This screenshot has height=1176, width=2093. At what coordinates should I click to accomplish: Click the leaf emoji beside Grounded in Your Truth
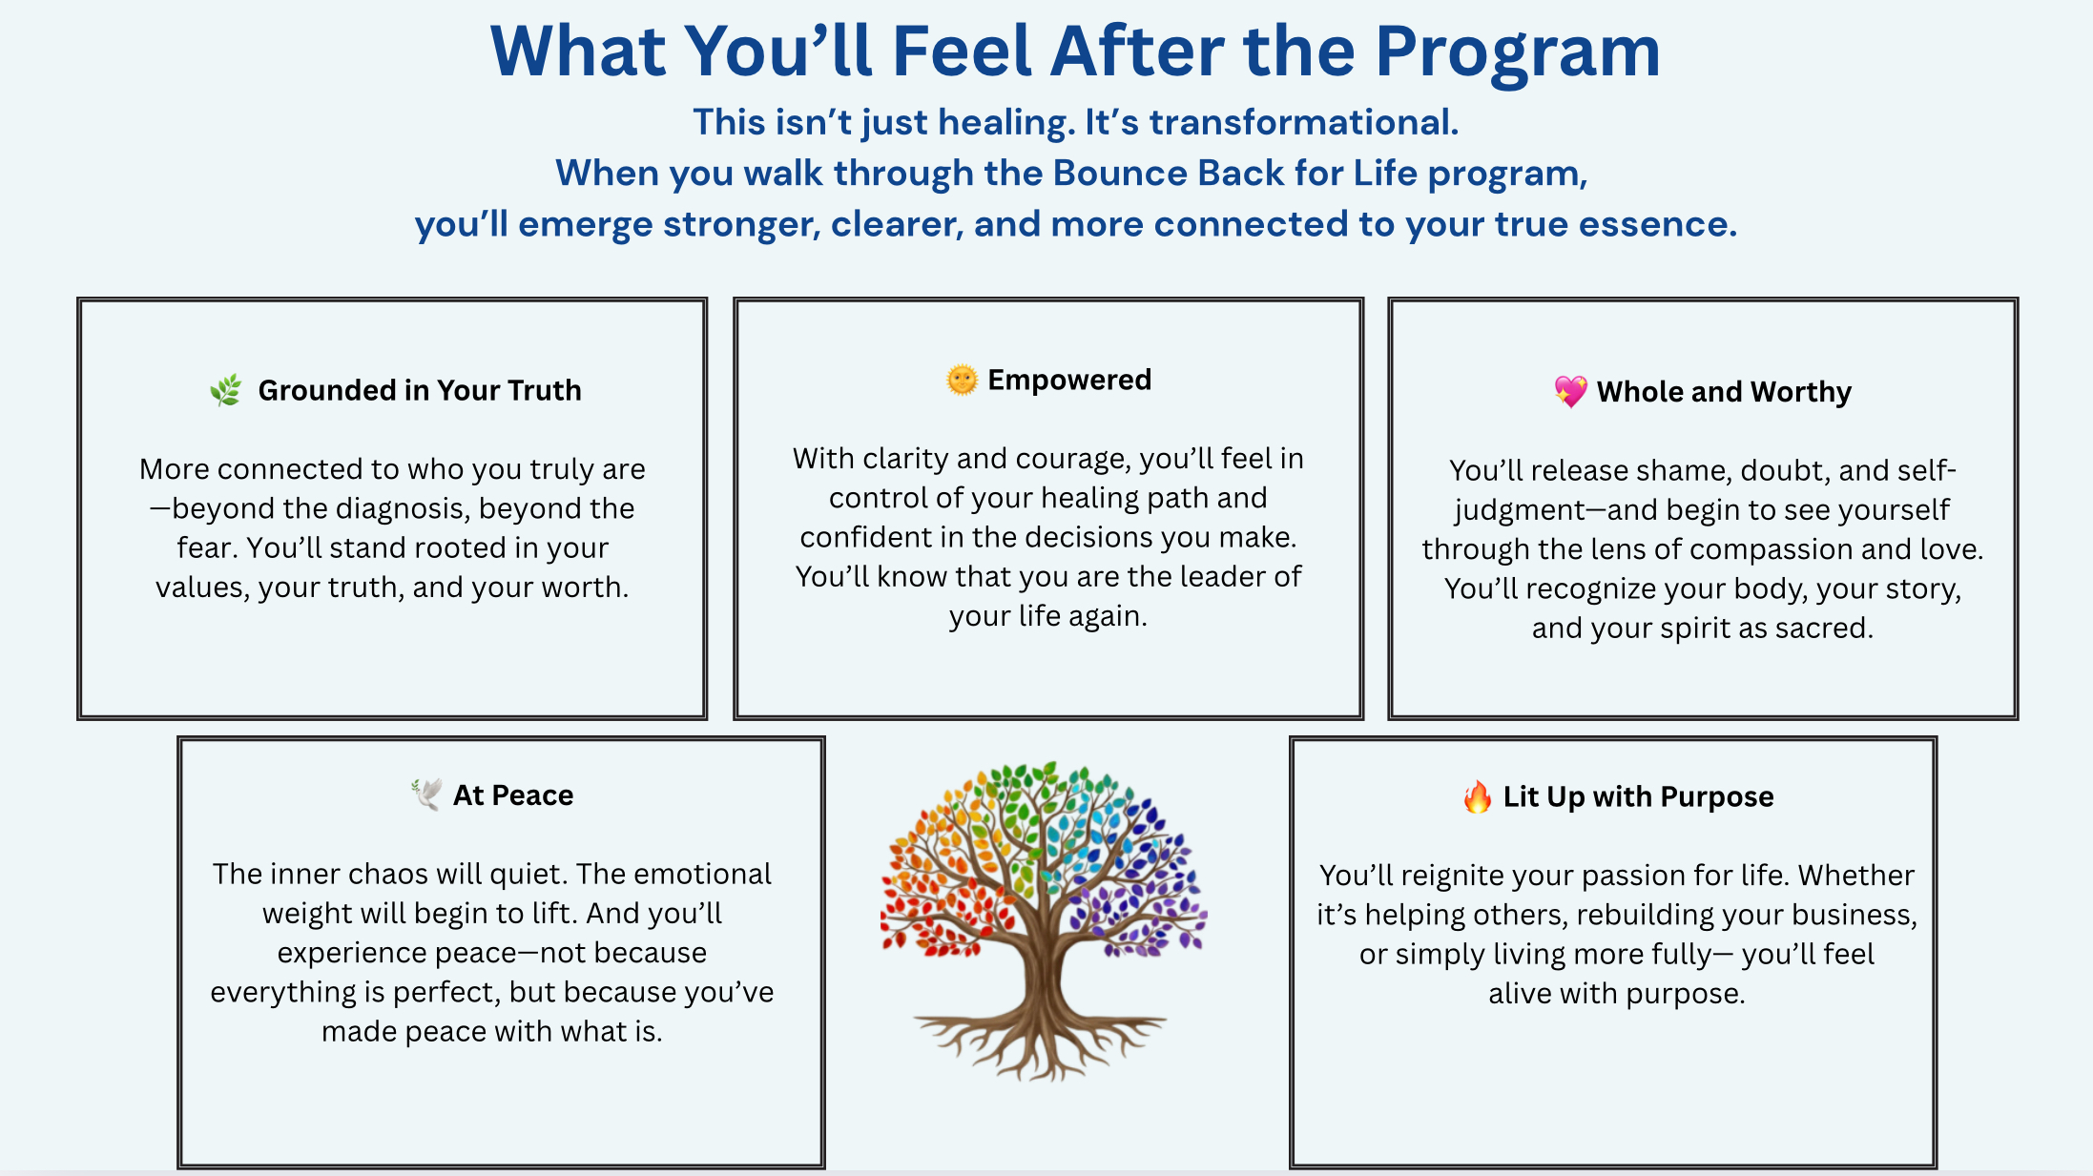click(x=226, y=390)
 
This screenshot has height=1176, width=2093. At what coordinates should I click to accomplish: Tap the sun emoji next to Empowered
click(x=962, y=380)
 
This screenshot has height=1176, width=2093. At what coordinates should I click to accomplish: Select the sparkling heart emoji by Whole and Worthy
click(x=1570, y=391)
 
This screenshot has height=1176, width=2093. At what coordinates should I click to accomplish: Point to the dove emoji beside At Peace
click(x=426, y=794)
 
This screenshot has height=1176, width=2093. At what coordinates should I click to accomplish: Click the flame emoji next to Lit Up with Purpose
click(x=1477, y=796)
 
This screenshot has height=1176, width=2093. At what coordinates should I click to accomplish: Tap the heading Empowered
click(x=1069, y=380)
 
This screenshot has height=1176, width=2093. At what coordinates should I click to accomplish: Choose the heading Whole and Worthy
click(x=1724, y=391)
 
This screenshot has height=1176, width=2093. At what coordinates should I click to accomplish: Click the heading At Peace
click(x=513, y=794)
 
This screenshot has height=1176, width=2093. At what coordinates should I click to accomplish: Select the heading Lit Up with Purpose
click(x=1638, y=796)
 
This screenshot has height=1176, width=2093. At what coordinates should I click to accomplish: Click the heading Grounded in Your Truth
click(x=420, y=390)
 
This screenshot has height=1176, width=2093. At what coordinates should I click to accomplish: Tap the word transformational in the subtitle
click(x=1303, y=122)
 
